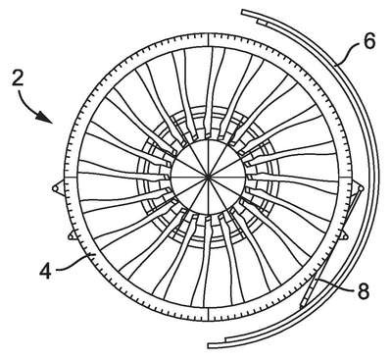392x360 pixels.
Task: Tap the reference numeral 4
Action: click(x=45, y=271)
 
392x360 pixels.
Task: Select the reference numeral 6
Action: click(x=369, y=42)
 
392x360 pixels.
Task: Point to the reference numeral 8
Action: click(x=363, y=290)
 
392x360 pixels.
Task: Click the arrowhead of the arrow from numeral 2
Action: click(x=45, y=118)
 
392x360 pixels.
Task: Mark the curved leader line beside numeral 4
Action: click(x=74, y=263)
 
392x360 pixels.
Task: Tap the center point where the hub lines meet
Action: click(x=208, y=177)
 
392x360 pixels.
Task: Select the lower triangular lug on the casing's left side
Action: click(x=73, y=235)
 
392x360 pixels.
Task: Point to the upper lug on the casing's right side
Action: click(x=359, y=188)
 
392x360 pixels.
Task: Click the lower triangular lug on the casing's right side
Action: click(x=342, y=236)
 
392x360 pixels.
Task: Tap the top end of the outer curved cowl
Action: click(x=243, y=12)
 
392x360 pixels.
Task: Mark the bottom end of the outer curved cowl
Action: click(x=210, y=346)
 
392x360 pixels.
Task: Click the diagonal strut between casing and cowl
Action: click(x=330, y=248)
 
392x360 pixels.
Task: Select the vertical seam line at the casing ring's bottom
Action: click(x=208, y=313)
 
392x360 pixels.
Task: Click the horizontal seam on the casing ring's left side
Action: click(x=71, y=178)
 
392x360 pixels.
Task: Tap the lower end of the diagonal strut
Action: click(x=302, y=306)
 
